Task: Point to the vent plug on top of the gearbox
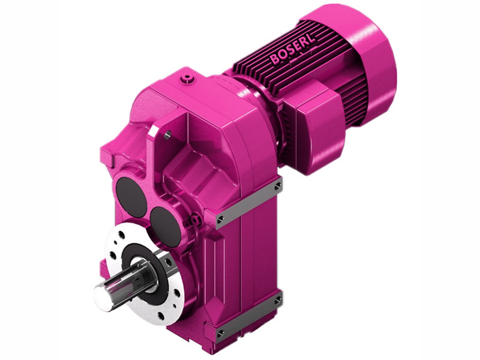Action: [190, 79]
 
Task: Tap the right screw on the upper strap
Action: [277, 187]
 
